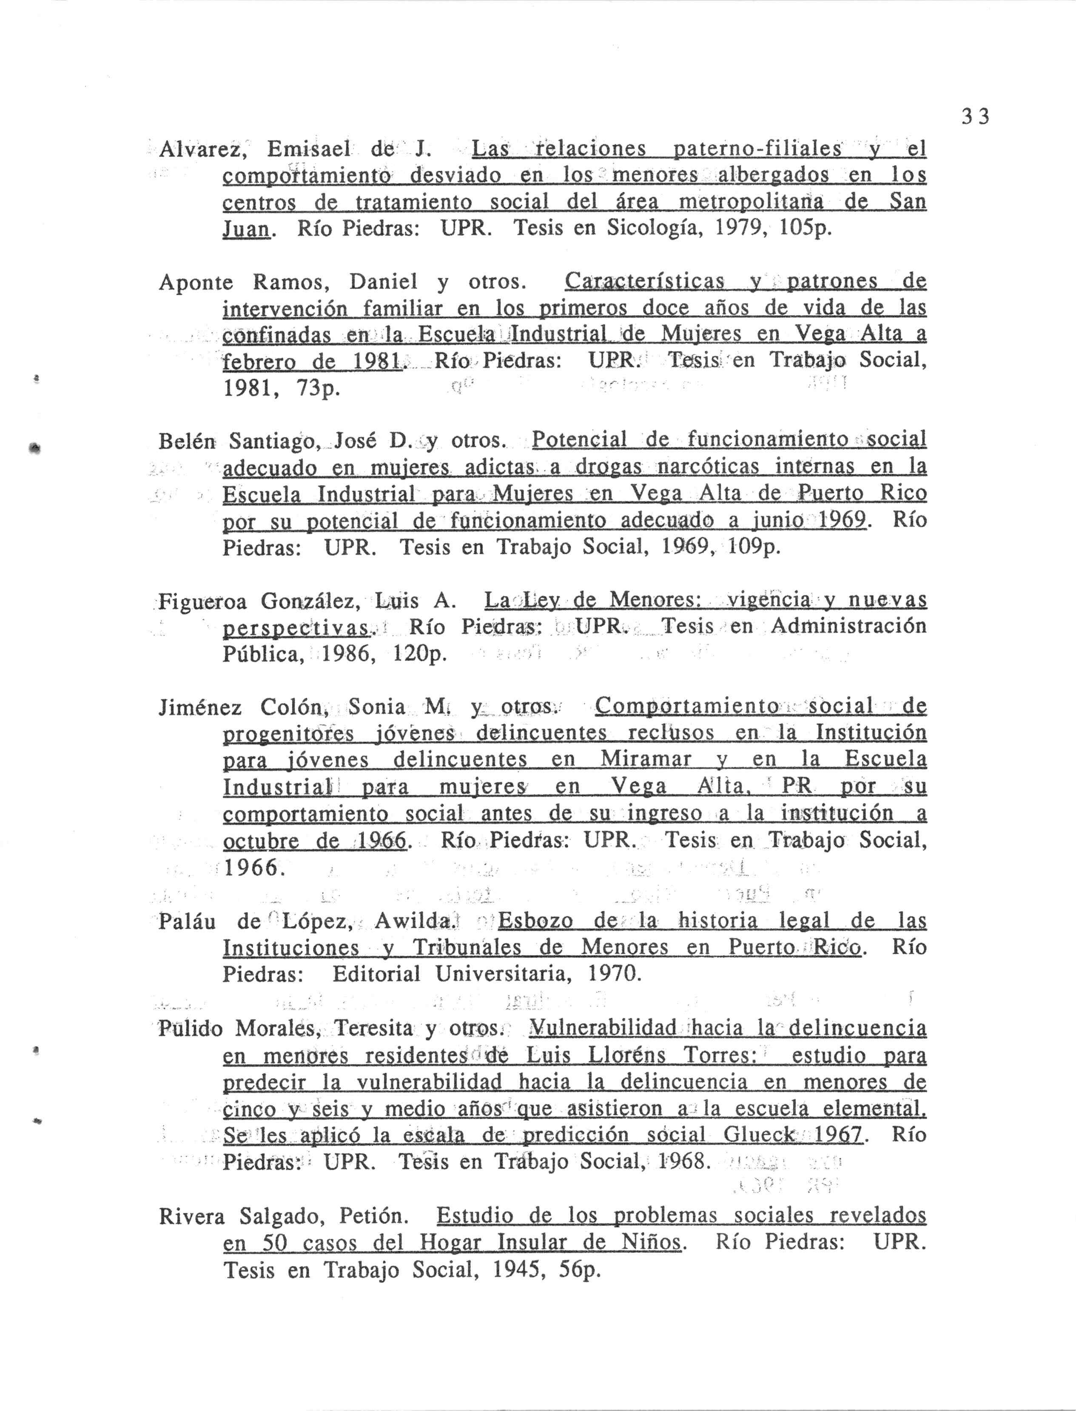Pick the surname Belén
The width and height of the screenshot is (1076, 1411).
(188, 441)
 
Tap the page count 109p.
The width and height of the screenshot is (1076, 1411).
(754, 547)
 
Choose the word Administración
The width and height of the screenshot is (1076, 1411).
(848, 626)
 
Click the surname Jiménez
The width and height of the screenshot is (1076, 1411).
(200, 707)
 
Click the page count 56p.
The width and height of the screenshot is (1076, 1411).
(580, 1269)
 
